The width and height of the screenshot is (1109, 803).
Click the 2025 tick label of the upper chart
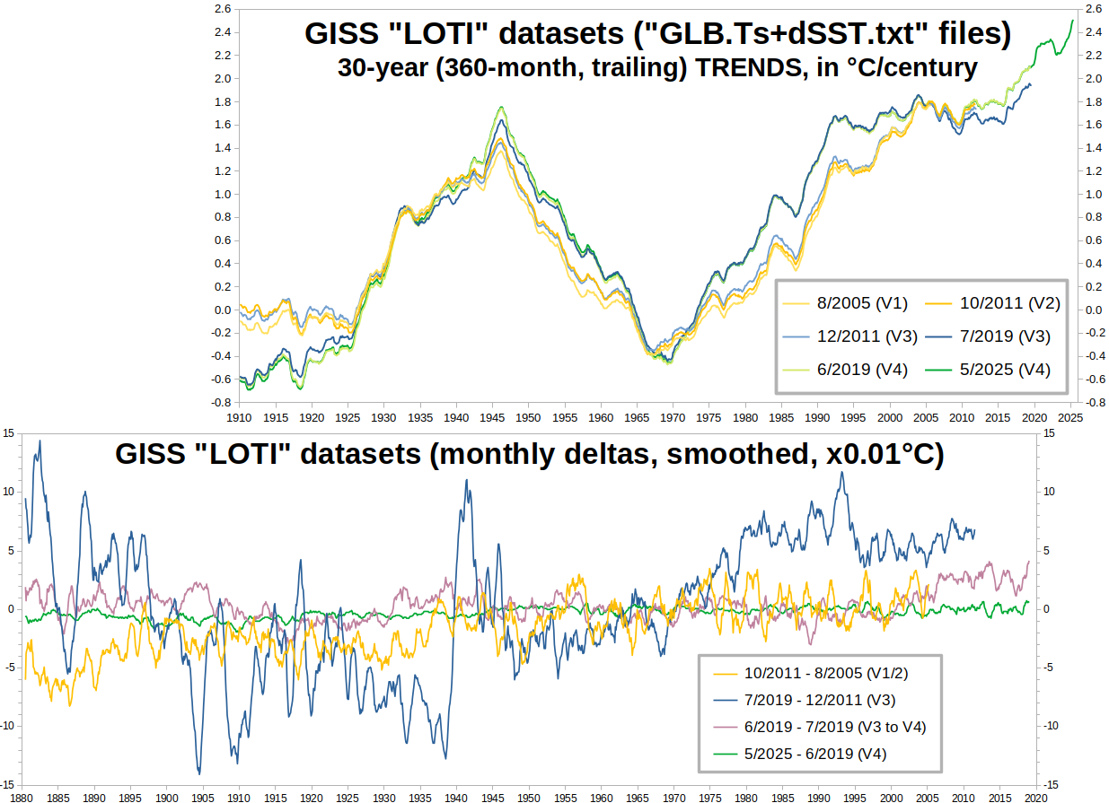click(x=1071, y=418)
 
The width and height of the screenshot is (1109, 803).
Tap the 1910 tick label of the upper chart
click(x=239, y=418)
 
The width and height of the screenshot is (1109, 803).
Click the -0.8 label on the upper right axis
click(x=1096, y=403)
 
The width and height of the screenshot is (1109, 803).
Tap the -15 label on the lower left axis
click(x=9, y=783)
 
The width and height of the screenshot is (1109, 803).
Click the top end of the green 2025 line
click(x=1072, y=20)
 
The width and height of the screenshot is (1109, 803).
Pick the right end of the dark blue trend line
click(x=1031, y=84)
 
